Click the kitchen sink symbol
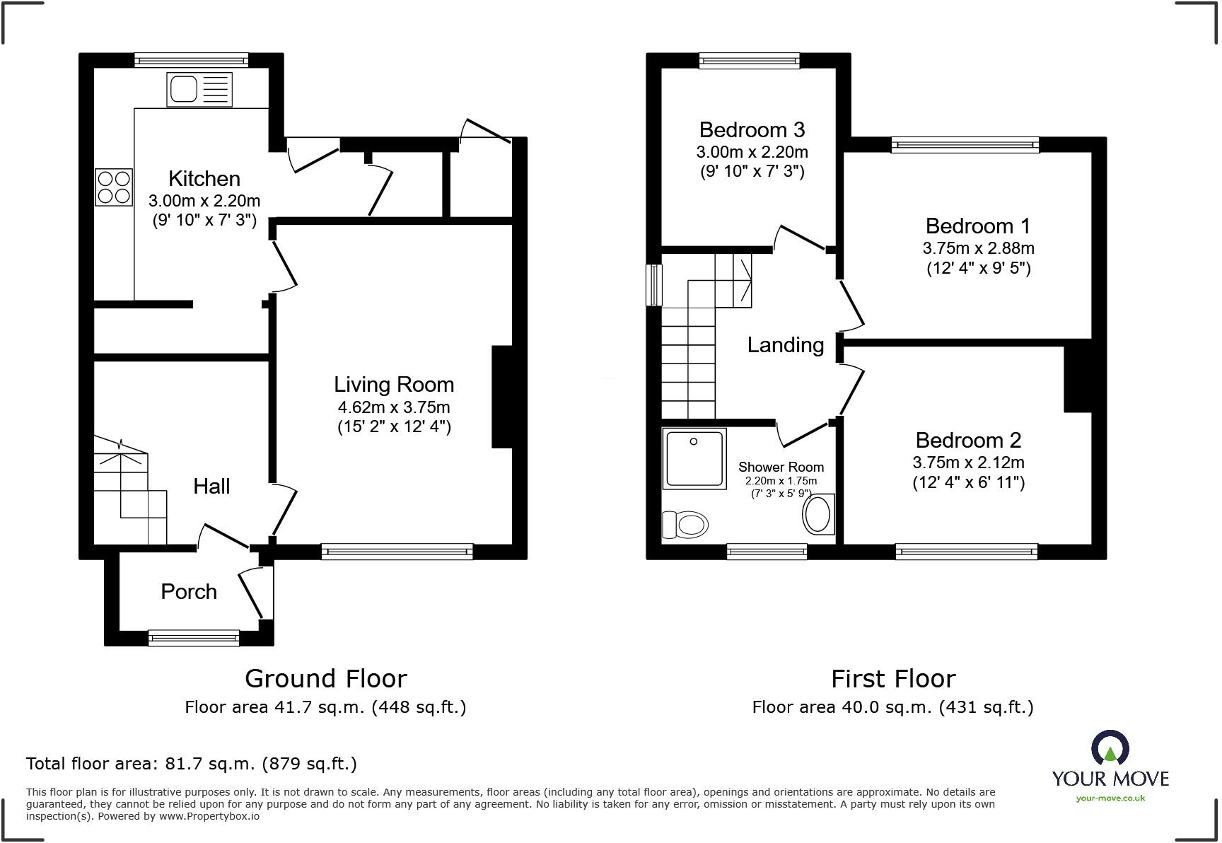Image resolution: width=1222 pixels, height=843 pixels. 199,90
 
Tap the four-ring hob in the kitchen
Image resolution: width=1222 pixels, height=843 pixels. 114,187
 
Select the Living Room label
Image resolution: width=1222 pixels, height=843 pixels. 394,385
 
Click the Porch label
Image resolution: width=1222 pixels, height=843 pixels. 189,592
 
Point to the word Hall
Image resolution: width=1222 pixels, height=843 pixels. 211,486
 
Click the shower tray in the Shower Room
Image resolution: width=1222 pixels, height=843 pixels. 694,458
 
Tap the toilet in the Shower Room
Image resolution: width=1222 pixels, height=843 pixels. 685,525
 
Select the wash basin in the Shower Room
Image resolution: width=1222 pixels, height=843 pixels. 819,514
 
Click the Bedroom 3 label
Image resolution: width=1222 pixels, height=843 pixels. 752,130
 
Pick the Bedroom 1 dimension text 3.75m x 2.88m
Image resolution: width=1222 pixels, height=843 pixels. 978,248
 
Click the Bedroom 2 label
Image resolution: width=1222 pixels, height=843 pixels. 968,441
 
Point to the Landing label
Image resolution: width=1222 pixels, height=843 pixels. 786,345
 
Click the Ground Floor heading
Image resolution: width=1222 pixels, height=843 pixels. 326,679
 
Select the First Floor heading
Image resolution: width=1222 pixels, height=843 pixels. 893,679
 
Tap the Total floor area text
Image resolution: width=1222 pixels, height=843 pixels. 192,764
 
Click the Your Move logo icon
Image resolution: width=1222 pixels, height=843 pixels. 1110,748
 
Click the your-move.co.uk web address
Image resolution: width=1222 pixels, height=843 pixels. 1110,798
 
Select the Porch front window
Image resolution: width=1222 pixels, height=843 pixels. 194,638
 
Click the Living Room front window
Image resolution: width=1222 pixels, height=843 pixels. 397,552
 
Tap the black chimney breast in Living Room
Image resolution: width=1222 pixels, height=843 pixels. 502,397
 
